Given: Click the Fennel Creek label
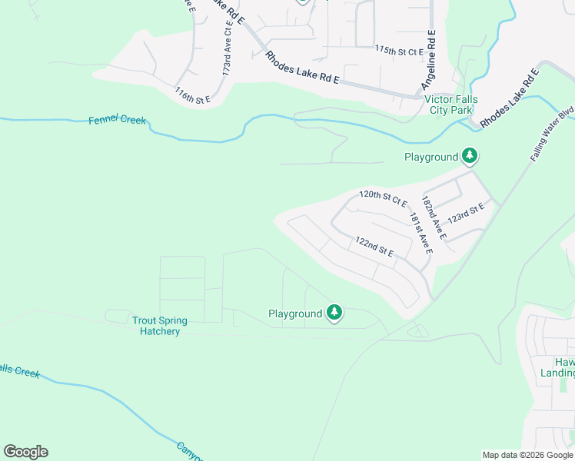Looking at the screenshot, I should pos(117,121).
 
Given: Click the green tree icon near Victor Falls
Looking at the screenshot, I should pos(470,157).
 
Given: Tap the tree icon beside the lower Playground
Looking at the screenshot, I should pos(334,313).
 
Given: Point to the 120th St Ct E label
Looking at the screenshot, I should pos(383,198).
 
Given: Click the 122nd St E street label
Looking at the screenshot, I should pos(374,247).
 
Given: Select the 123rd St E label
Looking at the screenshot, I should pos(467,213).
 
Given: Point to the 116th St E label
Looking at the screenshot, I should pos(192,95).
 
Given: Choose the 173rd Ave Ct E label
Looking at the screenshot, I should pos(227,48).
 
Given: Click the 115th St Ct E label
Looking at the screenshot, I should pos(399,51).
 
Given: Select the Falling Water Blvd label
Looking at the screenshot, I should pos(552,133).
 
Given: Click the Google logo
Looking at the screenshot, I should pos(25,452).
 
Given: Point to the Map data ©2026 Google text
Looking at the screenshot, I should pos(527,455).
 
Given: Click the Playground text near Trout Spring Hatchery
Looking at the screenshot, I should pos(294,313).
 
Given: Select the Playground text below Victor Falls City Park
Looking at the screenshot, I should pos(431,158).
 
